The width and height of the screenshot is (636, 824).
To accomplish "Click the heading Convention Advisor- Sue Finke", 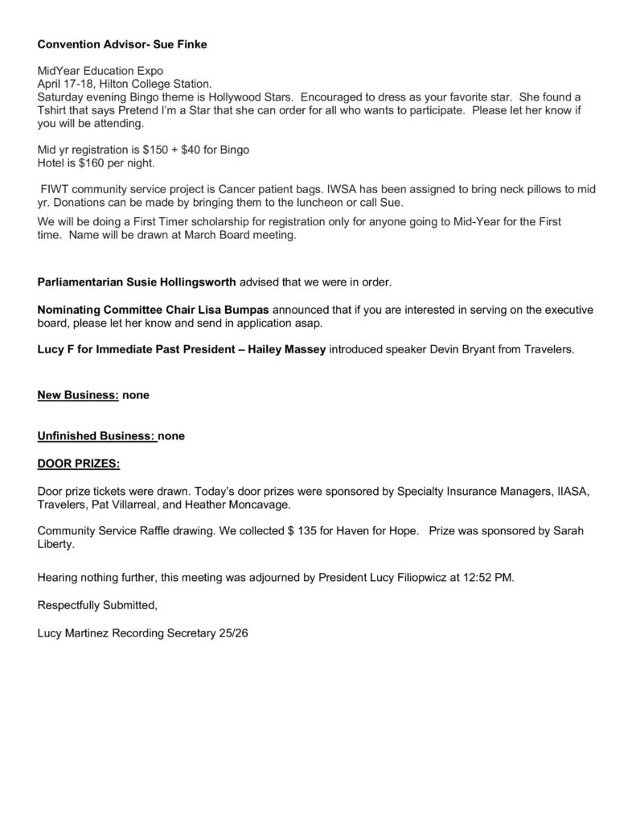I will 122,45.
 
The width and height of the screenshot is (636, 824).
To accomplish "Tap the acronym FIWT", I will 55,189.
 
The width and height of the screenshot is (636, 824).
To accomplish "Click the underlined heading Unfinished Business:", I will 96,436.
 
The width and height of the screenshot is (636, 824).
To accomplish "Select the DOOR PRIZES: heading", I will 79,464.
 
